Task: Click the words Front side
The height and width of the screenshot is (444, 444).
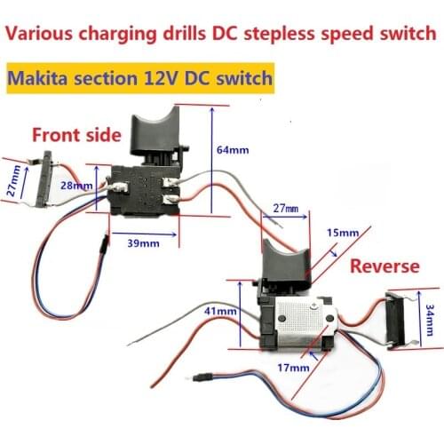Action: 75,135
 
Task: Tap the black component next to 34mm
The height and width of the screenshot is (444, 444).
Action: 401,316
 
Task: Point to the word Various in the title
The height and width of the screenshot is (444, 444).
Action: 42,35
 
